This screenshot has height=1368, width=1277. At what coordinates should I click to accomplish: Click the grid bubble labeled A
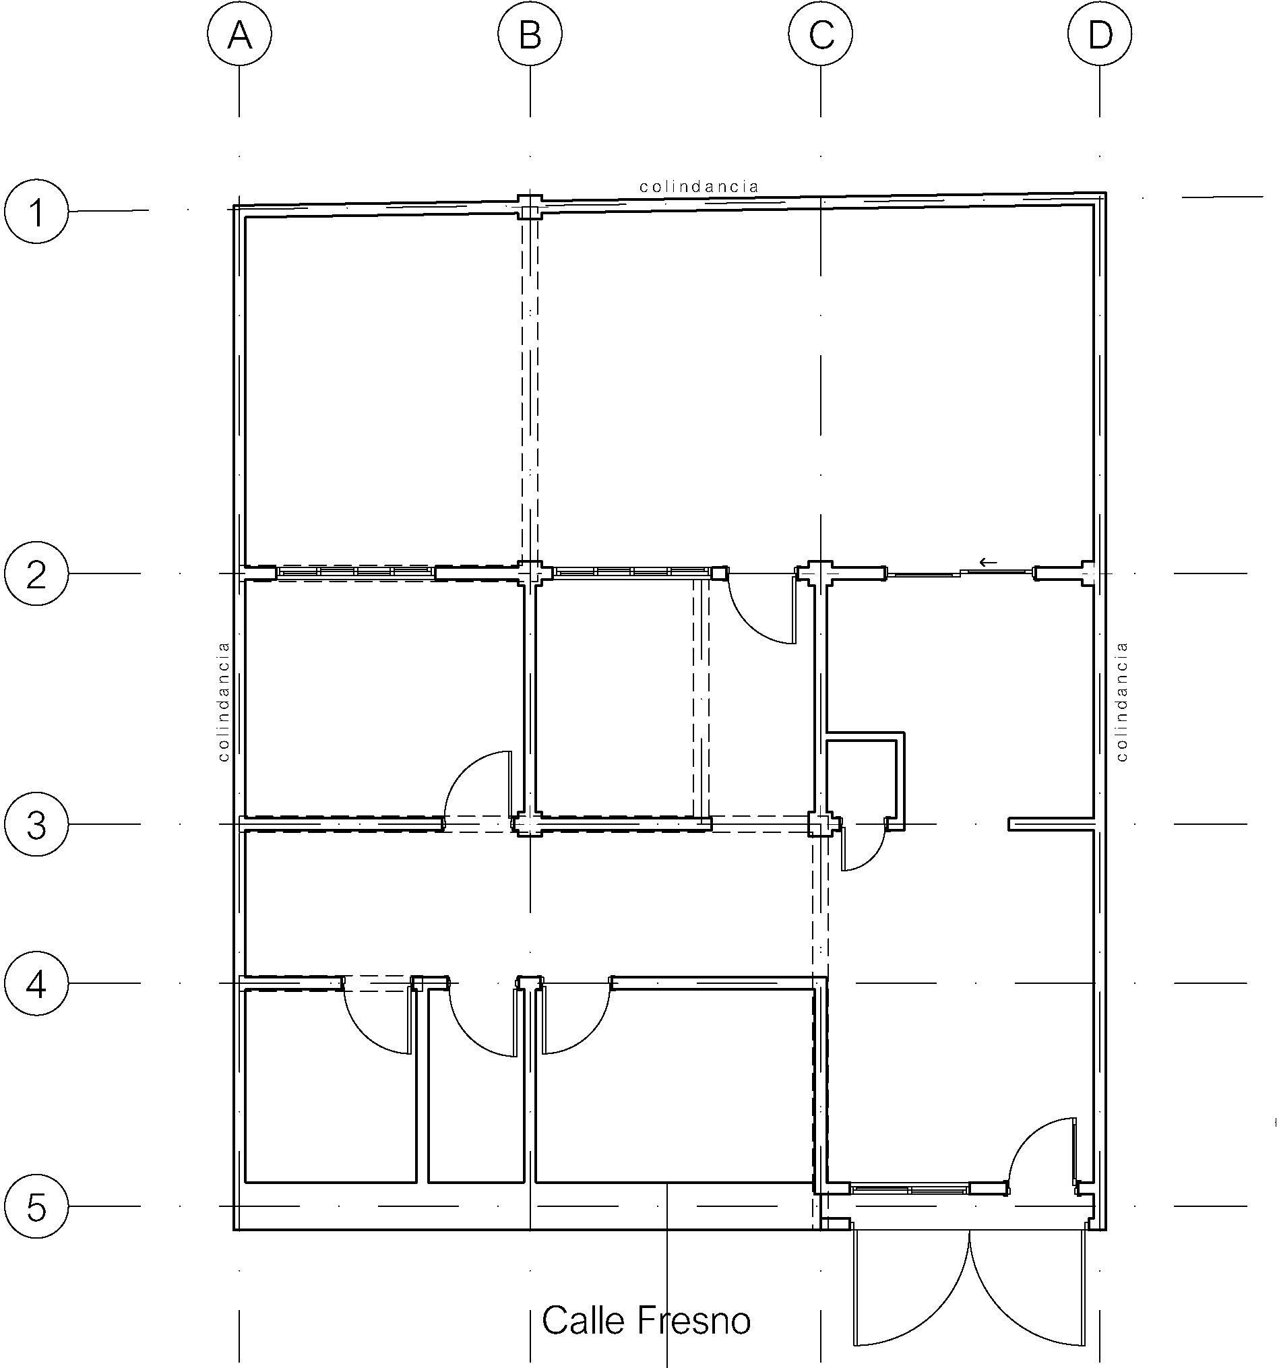tap(239, 34)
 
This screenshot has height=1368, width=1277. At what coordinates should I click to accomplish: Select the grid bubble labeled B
tap(530, 34)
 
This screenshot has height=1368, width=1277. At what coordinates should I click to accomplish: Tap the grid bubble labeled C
tap(820, 34)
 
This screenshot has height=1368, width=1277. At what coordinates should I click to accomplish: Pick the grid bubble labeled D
tap(1100, 34)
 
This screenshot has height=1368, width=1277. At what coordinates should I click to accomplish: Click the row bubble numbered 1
tap(36, 211)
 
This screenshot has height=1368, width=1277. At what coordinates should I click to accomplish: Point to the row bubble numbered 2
tap(36, 573)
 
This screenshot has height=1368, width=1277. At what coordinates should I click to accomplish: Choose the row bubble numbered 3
tap(36, 824)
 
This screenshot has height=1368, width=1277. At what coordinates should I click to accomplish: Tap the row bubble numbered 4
tap(36, 983)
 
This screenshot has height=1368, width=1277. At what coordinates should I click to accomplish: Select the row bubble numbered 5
tap(36, 1206)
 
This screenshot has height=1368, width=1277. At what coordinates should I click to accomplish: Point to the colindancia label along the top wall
tap(699, 187)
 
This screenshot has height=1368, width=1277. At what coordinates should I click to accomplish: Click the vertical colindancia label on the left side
tap(223, 702)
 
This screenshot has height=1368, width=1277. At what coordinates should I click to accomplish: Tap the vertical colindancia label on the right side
tap(1123, 702)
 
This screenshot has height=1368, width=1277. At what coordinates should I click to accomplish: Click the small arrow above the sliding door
tap(988, 562)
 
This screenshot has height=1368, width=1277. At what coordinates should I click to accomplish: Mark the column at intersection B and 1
tap(530, 206)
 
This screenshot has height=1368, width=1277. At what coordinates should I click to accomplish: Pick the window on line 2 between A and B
tap(356, 573)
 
